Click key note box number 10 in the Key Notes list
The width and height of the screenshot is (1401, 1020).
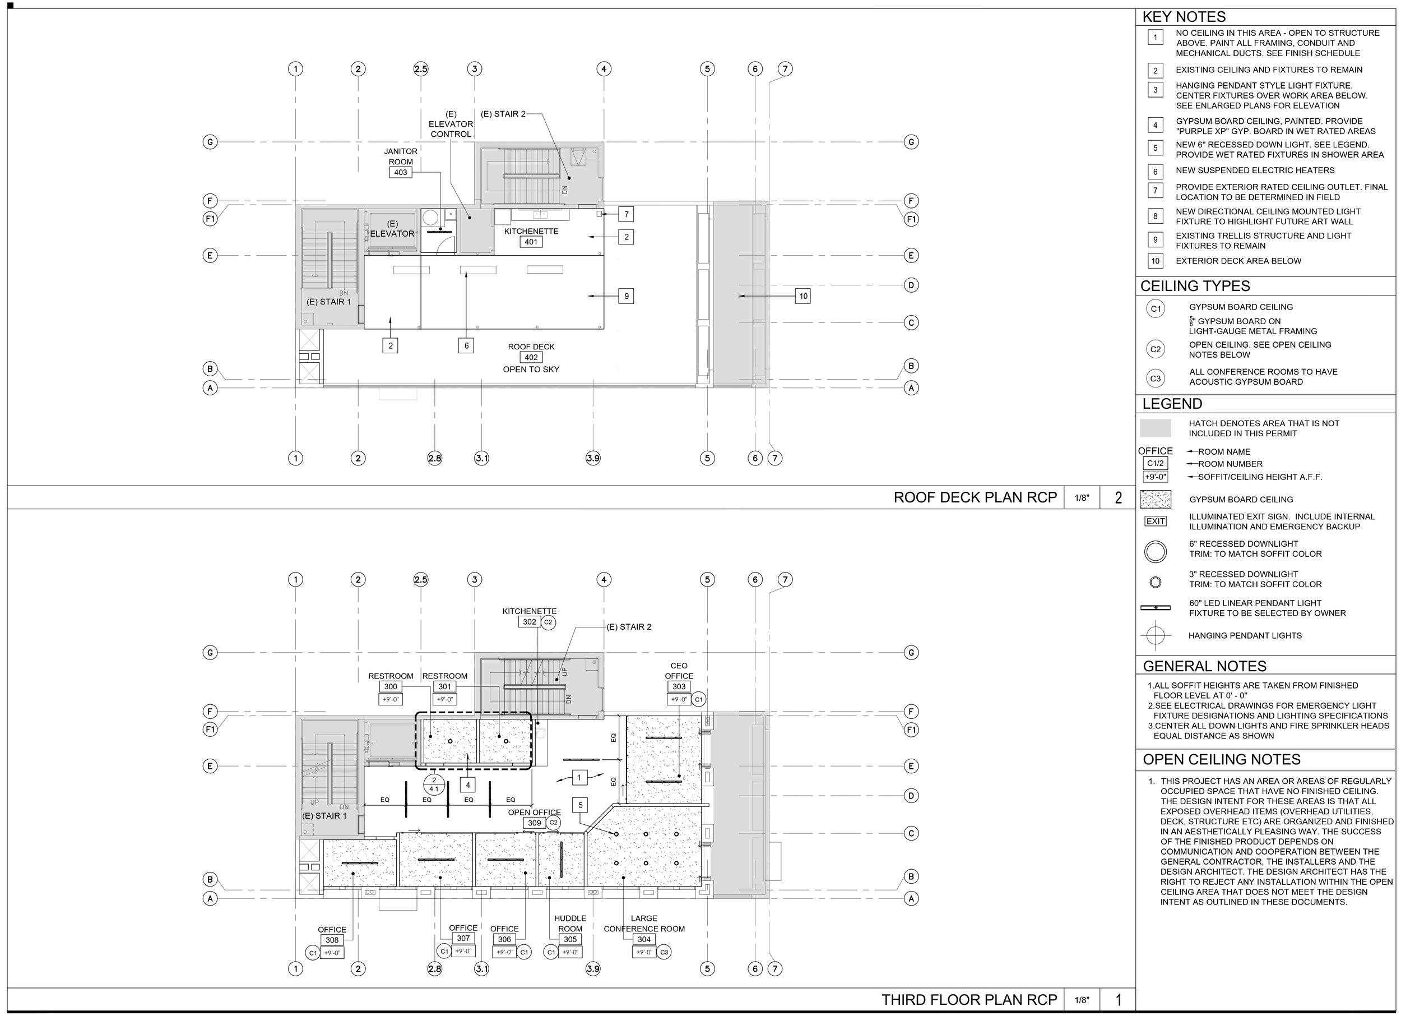click(1155, 261)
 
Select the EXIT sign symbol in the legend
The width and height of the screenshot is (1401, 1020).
click(1155, 521)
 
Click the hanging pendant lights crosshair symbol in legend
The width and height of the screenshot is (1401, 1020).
click(1155, 635)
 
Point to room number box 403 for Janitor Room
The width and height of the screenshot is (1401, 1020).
click(400, 173)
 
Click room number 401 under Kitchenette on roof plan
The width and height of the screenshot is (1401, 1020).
click(531, 242)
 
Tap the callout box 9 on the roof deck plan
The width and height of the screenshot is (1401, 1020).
click(627, 296)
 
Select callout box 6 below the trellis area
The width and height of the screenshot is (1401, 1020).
click(466, 345)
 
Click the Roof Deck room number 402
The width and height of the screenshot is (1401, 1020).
click(531, 357)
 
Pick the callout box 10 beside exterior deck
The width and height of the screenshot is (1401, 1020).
click(803, 296)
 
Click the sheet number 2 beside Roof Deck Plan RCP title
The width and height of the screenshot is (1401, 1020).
click(1118, 497)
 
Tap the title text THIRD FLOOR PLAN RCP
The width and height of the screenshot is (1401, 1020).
click(968, 1000)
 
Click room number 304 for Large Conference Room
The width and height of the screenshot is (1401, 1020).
click(644, 939)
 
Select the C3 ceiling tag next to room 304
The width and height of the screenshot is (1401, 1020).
click(664, 952)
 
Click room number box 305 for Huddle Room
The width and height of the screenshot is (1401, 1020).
click(569, 939)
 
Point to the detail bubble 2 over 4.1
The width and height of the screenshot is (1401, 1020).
click(434, 784)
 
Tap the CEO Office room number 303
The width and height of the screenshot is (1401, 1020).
click(679, 686)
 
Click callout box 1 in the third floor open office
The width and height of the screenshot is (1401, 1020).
click(579, 777)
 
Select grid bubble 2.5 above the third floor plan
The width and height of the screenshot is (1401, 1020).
click(420, 579)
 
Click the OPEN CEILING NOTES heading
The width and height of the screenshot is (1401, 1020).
click(1221, 759)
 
